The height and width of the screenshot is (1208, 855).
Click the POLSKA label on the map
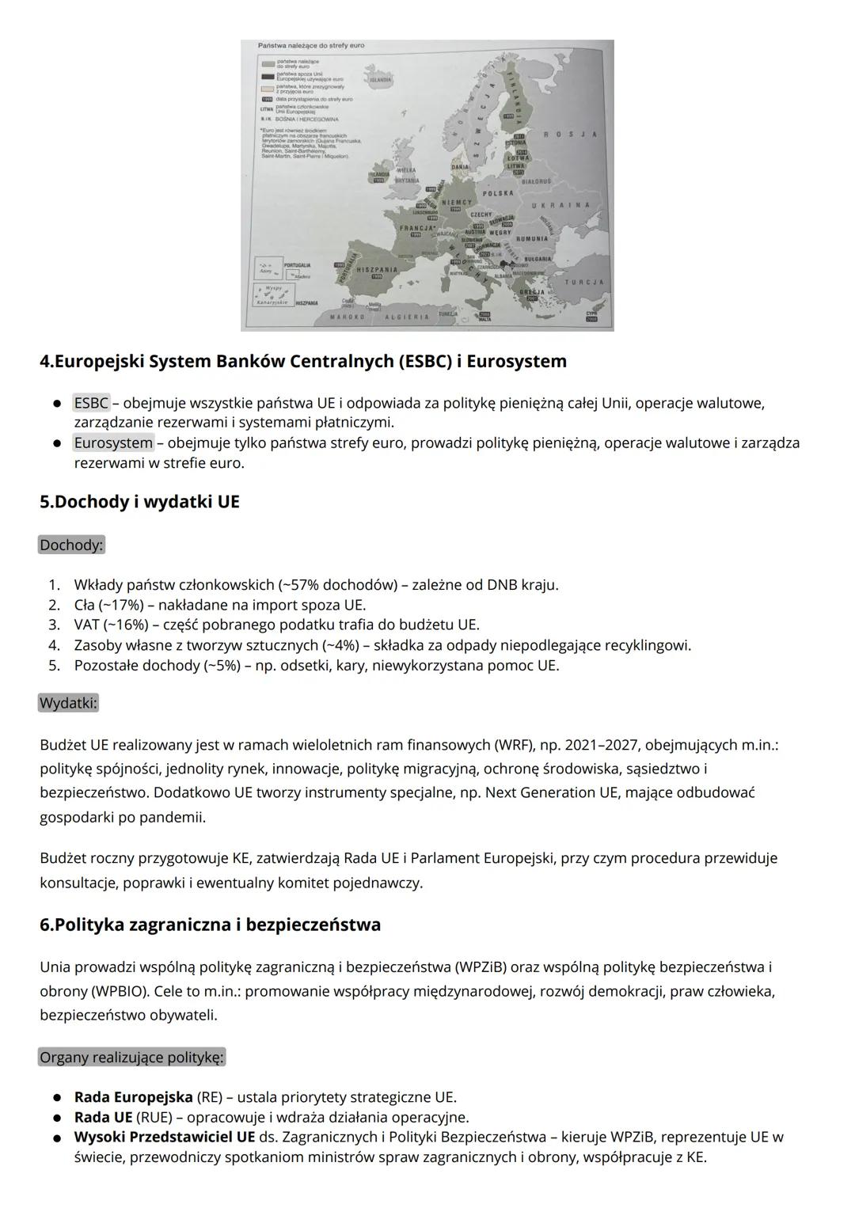click(498, 193)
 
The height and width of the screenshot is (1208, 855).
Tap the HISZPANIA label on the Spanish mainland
click(377, 270)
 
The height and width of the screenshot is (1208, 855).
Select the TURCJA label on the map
click(583, 282)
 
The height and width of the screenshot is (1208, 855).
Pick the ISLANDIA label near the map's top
click(380, 80)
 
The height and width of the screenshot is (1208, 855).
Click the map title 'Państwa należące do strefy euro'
click(310, 46)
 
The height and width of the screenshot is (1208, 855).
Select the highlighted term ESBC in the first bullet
click(91, 403)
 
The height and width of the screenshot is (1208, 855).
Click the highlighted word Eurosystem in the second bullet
click(113, 443)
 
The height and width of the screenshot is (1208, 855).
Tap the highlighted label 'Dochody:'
click(71, 545)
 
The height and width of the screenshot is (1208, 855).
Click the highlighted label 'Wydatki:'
click(68, 703)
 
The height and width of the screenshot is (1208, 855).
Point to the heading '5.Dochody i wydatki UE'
click(139, 502)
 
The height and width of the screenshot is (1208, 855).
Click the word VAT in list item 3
click(86, 625)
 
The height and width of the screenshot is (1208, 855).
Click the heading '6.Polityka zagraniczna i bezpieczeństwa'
click(210, 925)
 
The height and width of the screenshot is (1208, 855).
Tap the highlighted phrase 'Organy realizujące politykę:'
click(132, 1057)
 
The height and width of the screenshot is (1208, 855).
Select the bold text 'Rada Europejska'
click(133, 1097)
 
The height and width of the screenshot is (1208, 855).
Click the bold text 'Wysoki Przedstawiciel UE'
click(165, 1137)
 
